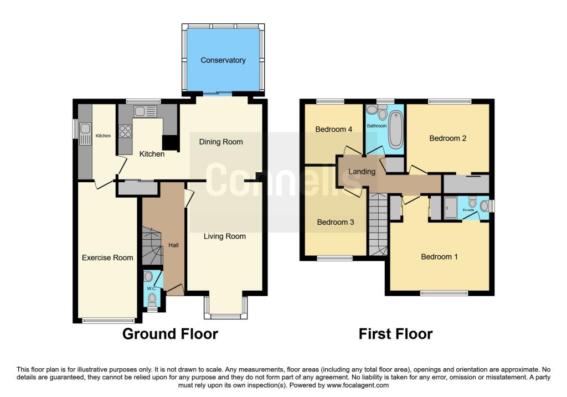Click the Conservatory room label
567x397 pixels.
223,60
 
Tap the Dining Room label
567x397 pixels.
221,142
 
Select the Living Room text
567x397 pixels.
224,236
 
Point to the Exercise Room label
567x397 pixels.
107,257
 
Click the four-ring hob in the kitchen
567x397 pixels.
125,131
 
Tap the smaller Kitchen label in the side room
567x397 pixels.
103,136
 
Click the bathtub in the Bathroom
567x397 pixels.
395,130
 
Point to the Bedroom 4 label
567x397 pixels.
334,130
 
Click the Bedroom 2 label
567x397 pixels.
447,138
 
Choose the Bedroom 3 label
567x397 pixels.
335,222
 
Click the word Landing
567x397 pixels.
362,172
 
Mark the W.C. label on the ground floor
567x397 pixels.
151,289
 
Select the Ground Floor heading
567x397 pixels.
170,334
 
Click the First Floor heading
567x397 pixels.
395,334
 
